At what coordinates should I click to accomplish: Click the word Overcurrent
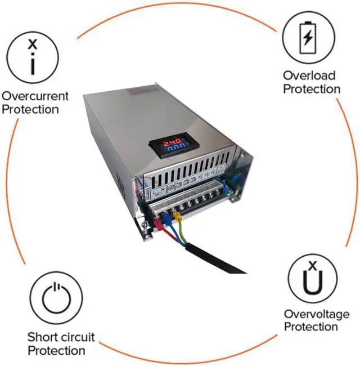point(35,96)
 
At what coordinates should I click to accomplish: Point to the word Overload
point(309,75)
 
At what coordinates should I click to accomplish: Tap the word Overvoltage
point(316,314)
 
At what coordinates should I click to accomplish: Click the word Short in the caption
point(41,338)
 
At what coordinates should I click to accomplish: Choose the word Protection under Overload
point(312,89)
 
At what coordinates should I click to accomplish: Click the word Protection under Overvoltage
point(312,327)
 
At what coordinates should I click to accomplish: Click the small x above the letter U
point(314,265)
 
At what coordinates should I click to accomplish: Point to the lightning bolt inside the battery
point(308,38)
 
